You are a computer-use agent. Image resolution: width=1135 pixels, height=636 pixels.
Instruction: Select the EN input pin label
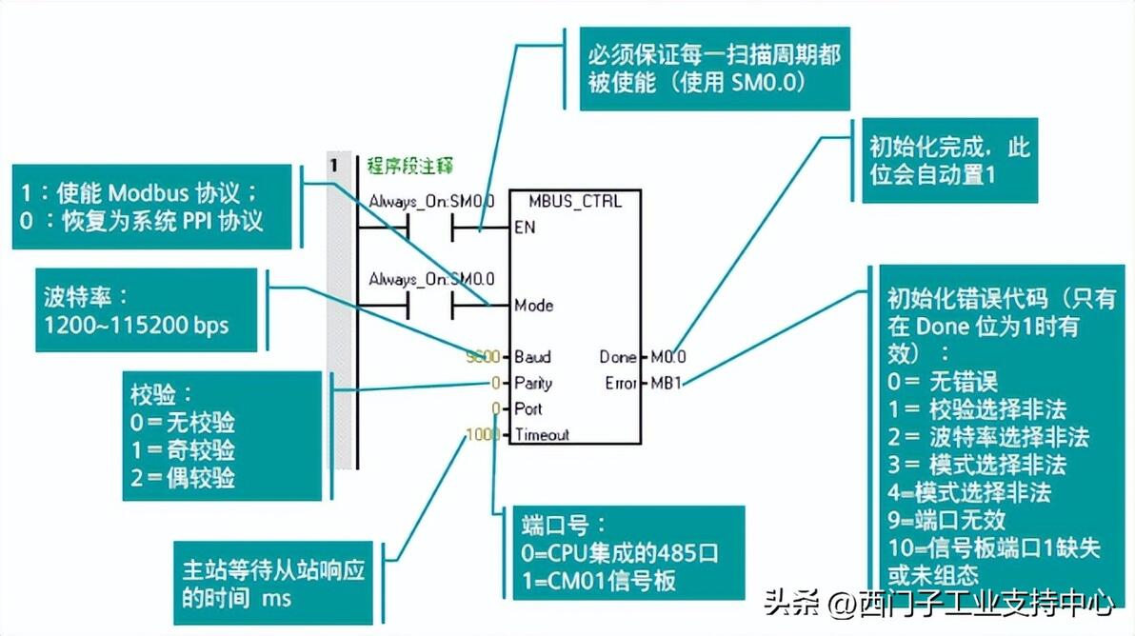(525, 228)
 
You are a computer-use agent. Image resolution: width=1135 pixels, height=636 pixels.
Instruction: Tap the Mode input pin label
(533, 306)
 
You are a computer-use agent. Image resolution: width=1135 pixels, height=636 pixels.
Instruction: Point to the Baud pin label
(532, 357)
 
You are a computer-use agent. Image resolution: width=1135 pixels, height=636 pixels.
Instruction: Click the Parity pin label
(533, 383)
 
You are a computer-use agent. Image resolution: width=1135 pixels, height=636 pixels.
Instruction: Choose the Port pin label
(528, 408)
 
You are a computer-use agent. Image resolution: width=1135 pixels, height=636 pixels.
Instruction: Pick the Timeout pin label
(542, 434)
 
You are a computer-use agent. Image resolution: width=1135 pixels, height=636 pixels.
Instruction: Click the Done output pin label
(618, 357)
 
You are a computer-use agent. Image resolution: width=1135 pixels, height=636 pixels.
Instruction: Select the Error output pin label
(621, 383)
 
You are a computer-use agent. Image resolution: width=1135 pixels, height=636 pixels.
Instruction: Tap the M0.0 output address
(668, 357)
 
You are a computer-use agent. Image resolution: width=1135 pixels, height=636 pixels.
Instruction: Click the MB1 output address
(665, 383)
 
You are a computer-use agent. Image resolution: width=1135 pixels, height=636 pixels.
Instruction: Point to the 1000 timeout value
(483, 434)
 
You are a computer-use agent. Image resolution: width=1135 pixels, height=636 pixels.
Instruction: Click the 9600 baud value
(483, 357)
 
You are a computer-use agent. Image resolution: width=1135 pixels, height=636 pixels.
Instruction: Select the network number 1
(334, 166)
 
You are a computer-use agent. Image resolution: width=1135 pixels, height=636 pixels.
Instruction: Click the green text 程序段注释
(410, 166)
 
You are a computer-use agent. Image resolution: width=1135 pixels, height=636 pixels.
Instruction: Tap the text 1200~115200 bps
(136, 325)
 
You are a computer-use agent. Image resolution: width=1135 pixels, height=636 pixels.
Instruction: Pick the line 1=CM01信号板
(599, 580)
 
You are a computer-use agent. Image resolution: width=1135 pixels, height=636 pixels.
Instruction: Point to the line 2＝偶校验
(183, 477)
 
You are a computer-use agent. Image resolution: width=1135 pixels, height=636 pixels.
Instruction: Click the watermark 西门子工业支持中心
(985, 603)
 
